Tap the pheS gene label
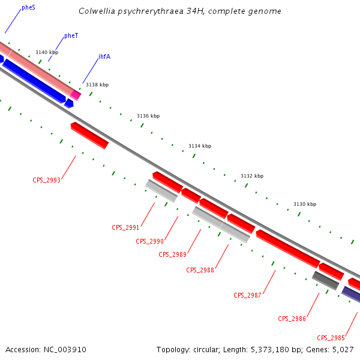click(28, 7)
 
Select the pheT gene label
click(71, 36)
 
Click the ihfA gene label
click(104, 57)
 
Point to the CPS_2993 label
click(46, 180)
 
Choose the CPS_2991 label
click(125, 227)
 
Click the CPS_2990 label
click(149, 241)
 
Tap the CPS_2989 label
click(172, 254)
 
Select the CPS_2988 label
click(200, 270)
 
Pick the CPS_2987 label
click(247, 295)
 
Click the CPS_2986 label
click(292, 319)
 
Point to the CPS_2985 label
click(331, 338)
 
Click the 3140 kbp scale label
click(47, 53)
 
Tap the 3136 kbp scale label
click(148, 116)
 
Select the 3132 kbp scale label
click(252, 176)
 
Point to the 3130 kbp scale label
click(305, 205)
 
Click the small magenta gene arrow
click(76, 94)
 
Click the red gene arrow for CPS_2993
click(89, 135)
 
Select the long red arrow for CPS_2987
click(287, 248)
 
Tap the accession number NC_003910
click(46, 349)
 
